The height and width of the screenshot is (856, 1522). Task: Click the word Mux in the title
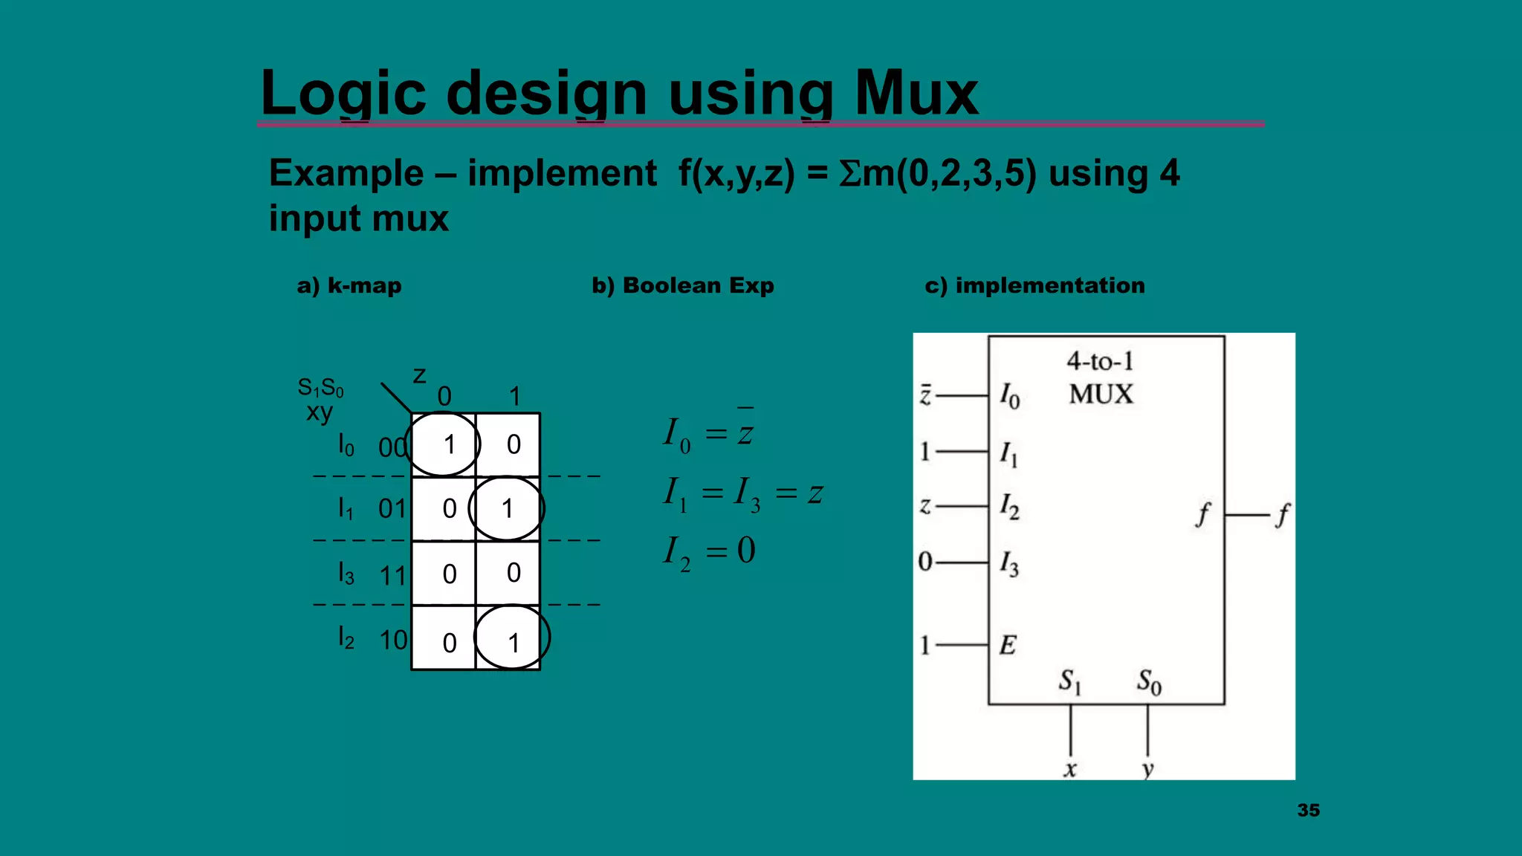916,93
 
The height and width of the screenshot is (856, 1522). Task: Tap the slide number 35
1308,811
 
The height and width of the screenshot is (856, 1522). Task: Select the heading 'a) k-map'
349,285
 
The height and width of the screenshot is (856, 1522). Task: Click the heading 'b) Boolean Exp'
682,285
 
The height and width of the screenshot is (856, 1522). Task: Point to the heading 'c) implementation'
1034,285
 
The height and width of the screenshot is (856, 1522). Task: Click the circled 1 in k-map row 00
448,444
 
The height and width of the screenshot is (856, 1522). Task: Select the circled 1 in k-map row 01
507,509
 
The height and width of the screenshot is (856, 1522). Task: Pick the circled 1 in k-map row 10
513,643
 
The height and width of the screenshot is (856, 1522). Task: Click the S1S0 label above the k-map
320,387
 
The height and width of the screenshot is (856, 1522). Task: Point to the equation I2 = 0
709,551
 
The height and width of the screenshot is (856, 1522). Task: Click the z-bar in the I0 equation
745,429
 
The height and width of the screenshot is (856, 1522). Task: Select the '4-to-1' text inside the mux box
1100,361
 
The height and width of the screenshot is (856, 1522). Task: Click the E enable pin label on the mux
1008,645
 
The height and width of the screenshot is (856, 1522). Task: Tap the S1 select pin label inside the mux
1070,681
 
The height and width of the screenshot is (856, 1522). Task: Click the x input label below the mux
1069,769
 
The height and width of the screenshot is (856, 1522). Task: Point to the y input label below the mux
1147,769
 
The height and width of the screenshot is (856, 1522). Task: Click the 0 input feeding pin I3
924,562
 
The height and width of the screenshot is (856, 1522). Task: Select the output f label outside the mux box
1282,514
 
